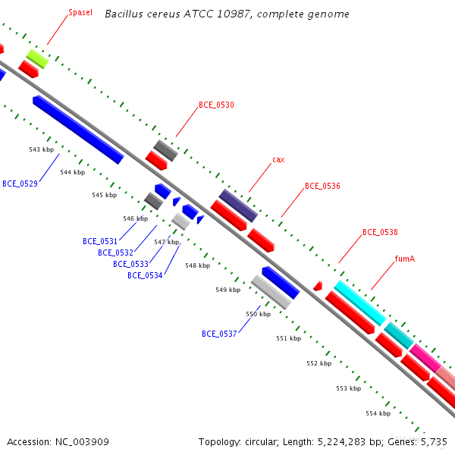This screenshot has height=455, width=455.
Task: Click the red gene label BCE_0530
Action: coord(216,105)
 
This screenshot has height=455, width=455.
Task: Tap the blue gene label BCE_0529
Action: coord(20,184)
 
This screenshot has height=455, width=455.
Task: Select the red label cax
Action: coord(278,160)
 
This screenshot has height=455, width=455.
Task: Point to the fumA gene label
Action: coord(405,259)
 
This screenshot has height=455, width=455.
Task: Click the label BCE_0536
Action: coord(322,186)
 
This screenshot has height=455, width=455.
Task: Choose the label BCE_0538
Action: coord(380,232)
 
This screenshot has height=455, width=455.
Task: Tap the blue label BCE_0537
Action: coord(219,334)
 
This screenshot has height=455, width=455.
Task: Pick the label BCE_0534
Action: coord(145,275)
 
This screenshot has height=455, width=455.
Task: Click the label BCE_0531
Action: coord(100,241)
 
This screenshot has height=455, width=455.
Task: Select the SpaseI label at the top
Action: coord(80,12)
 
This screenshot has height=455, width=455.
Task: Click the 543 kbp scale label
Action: coord(42,149)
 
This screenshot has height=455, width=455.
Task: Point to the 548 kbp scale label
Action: coord(198,265)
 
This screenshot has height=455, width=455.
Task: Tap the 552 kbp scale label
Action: coord(319,363)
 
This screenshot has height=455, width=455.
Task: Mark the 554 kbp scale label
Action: coord(378,413)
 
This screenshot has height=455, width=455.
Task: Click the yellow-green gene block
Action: coord(37,59)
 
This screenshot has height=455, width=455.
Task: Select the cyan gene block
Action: coord(359,303)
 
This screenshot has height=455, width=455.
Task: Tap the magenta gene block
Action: coord(425,358)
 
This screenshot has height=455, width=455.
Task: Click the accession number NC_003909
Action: coord(82,442)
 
